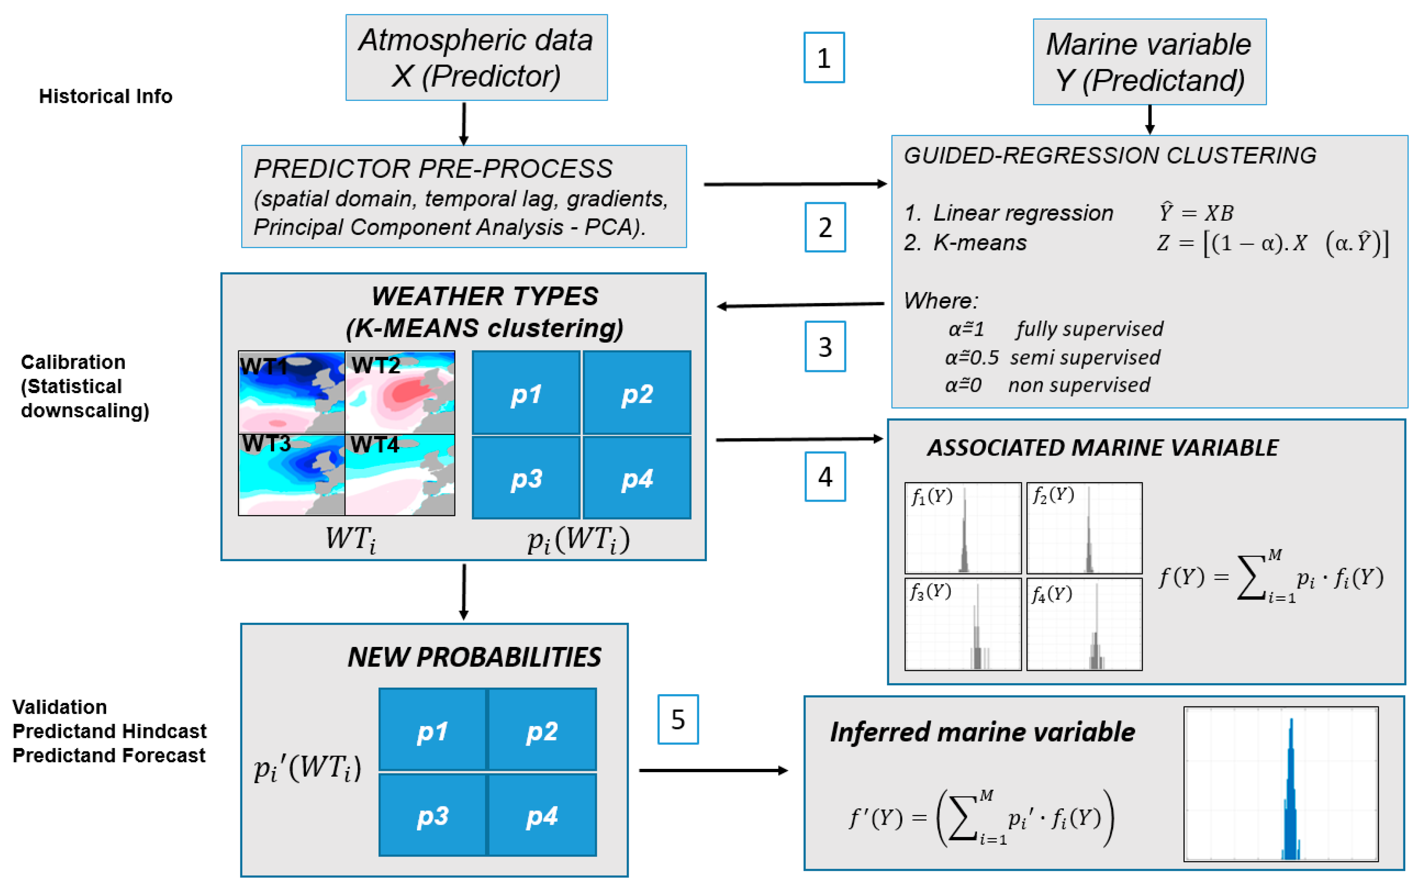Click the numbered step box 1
[824, 58]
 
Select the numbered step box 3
[825, 346]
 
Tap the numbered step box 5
[678, 719]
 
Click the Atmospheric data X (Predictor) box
[476, 58]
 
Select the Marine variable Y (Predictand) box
[1150, 62]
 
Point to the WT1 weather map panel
[292, 392]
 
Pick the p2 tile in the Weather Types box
[636, 393]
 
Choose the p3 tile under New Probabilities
[433, 815]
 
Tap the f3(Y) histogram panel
[963, 624]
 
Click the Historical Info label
[105, 96]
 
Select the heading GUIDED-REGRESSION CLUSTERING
[1110, 155]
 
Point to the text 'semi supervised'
[1085, 357]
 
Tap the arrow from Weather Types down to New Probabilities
[464, 592]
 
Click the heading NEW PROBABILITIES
[474, 657]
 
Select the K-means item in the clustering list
[980, 243]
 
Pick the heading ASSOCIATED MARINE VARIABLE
[1102, 447]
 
